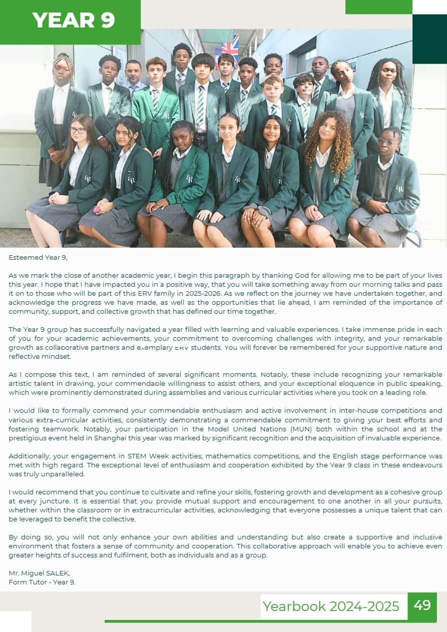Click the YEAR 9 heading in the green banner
[74, 20]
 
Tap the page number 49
[422, 605]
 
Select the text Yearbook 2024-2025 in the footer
[331, 606]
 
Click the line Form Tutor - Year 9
[42, 582]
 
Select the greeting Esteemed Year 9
[38, 258]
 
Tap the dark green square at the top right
[429, 39]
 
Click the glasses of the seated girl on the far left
[78, 130]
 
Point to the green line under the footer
[270, 621]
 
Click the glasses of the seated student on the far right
[386, 142]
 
